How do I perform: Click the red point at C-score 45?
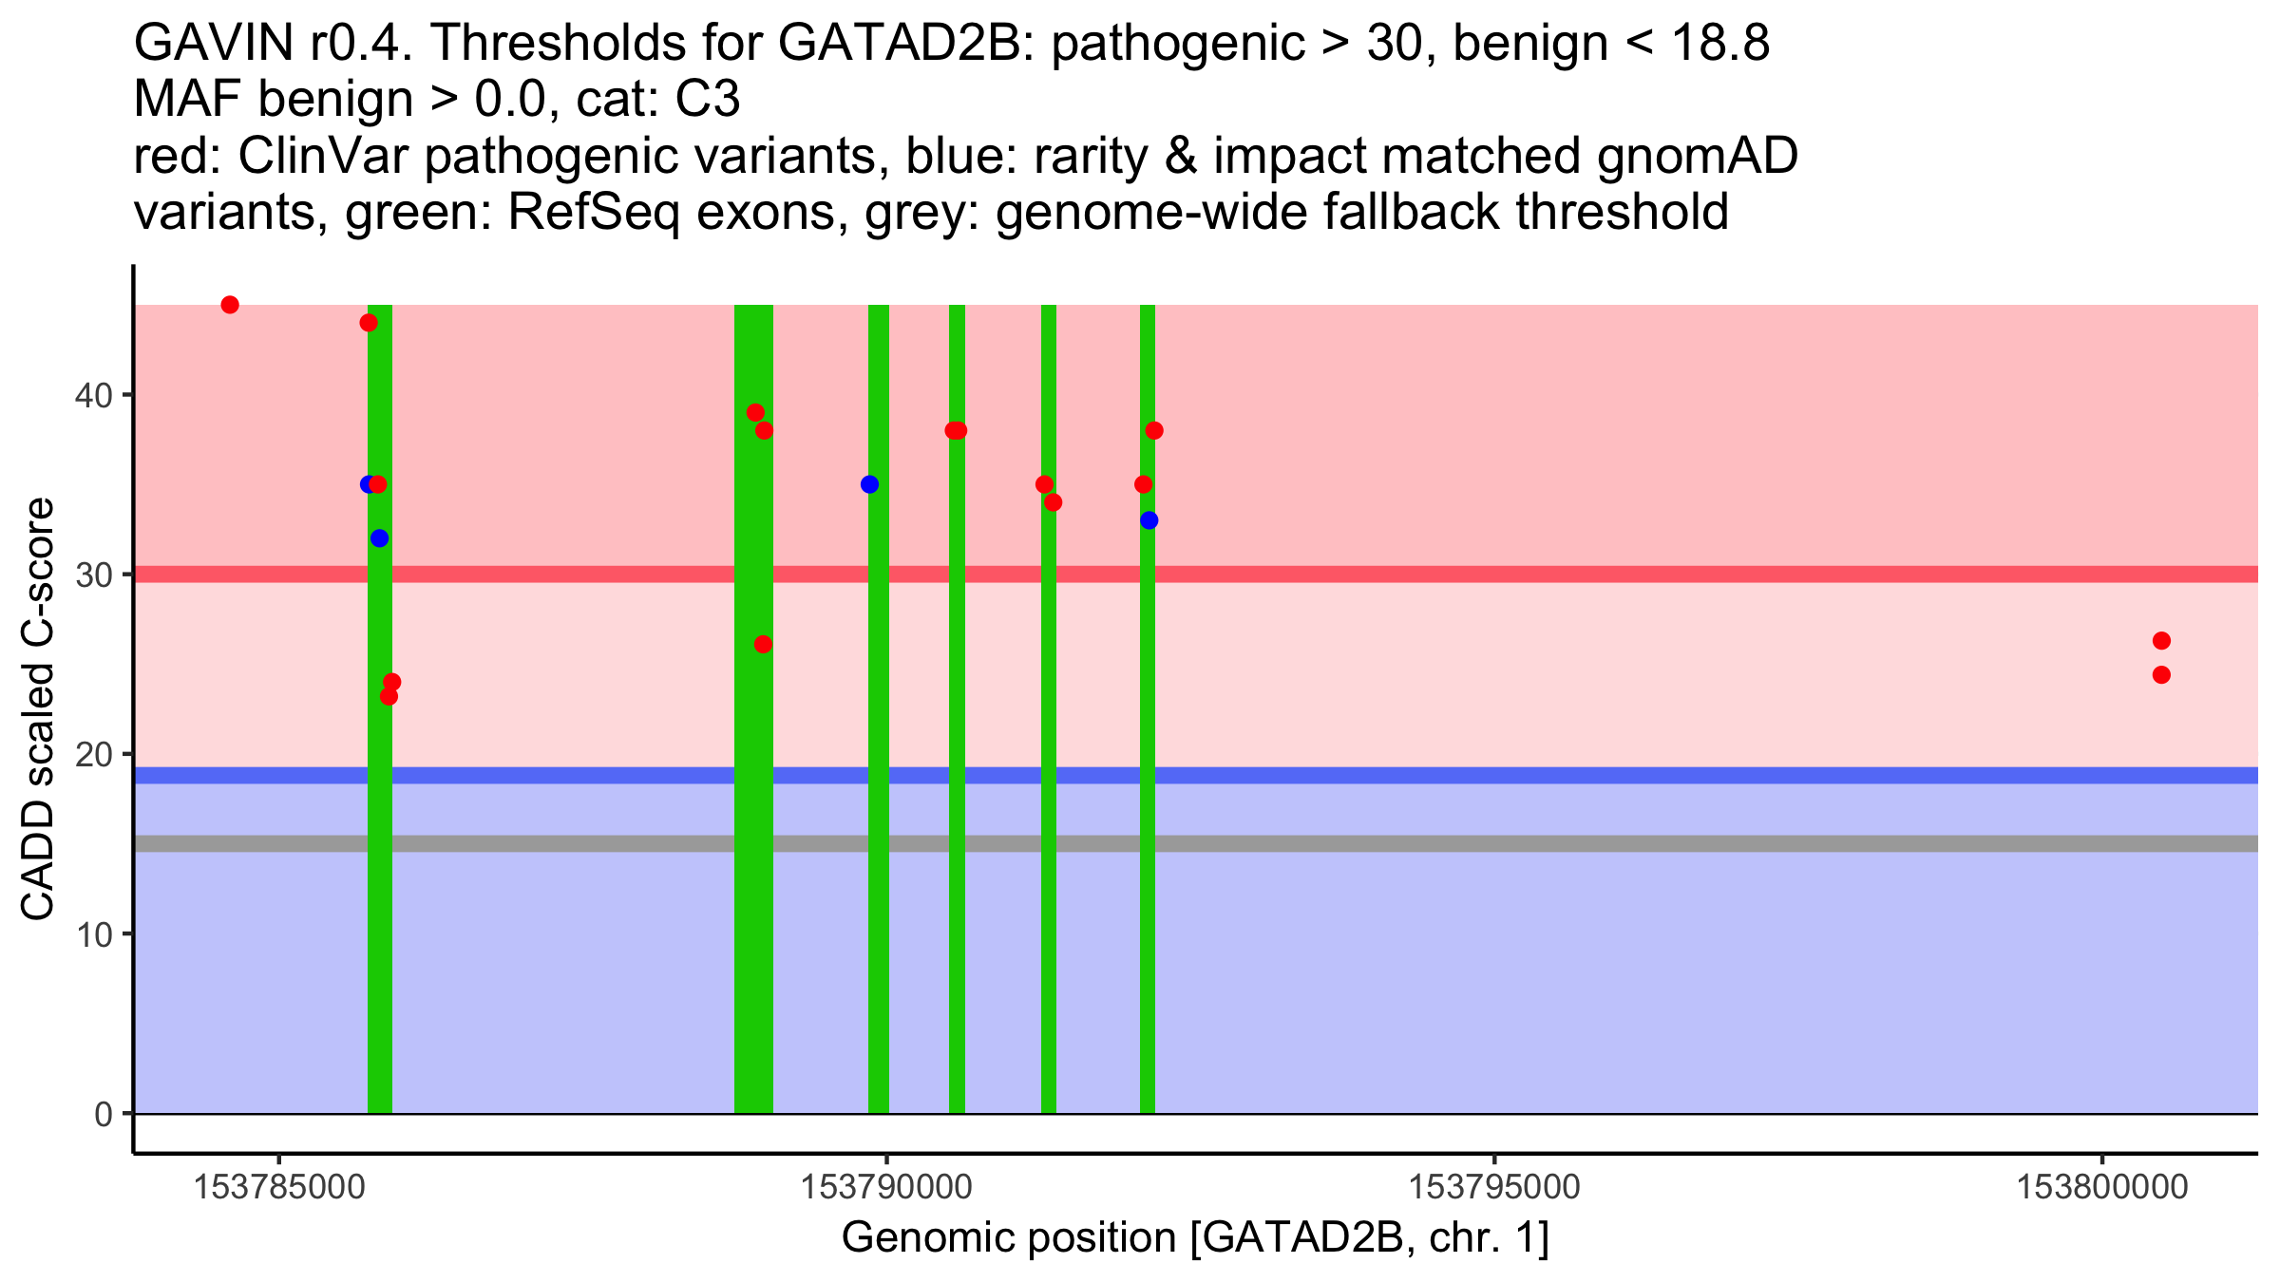(x=230, y=305)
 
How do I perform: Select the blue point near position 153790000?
(x=869, y=484)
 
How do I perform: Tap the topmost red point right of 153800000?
(x=2161, y=641)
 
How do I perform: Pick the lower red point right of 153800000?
(x=2161, y=675)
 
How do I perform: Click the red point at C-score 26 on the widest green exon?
(x=763, y=645)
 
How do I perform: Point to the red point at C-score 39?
(x=755, y=412)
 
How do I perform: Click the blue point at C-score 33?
(x=1149, y=520)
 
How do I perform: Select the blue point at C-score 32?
(x=380, y=538)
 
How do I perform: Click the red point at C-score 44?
(x=369, y=323)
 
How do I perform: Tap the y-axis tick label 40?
(x=93, y=395)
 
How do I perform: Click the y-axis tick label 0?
(x=104, y=1114)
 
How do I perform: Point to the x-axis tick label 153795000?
(x=1494, y=1187)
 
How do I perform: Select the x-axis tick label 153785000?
(x=279, y=1187)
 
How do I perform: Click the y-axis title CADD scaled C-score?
(x=38, y=710)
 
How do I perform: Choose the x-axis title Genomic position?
(x=1195, y=1238)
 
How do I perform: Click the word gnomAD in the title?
(x=1698, y=157)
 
